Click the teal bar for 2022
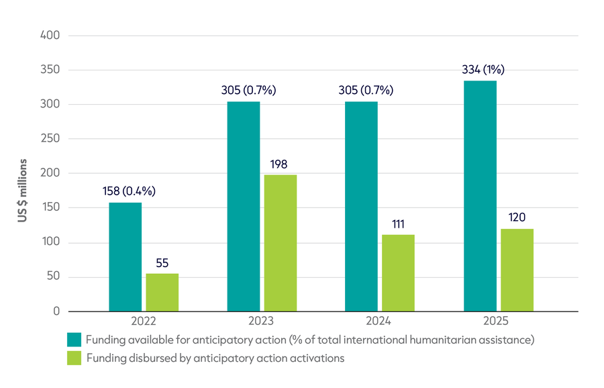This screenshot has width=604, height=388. pos(125,257)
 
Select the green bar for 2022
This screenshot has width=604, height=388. pos(162,293)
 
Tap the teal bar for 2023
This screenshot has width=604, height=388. pos(244,207)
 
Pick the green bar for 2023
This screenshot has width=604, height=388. pos(281,243)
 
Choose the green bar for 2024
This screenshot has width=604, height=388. pos(398,273)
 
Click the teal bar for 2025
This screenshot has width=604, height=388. pos(480,196)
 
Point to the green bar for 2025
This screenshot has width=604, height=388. pos(517,270)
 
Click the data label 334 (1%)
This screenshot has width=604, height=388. pos(483,69)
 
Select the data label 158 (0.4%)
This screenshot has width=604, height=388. pos(129,191)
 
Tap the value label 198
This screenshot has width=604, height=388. pos(279,164)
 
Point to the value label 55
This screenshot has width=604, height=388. pos(162,263)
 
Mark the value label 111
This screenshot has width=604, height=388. pos(398,224)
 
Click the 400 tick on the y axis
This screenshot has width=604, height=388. pos(50,36)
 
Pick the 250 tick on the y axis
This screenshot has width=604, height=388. pos(50,138)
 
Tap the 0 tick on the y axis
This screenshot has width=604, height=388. pos(56,311)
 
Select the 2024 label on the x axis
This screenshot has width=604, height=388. pos(379,321)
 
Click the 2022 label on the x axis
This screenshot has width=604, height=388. pos(144,321)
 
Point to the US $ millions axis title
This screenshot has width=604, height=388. pos(23,191)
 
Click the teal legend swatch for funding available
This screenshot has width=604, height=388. pos(74,340)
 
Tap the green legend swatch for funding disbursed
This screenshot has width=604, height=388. pos(74,358)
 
